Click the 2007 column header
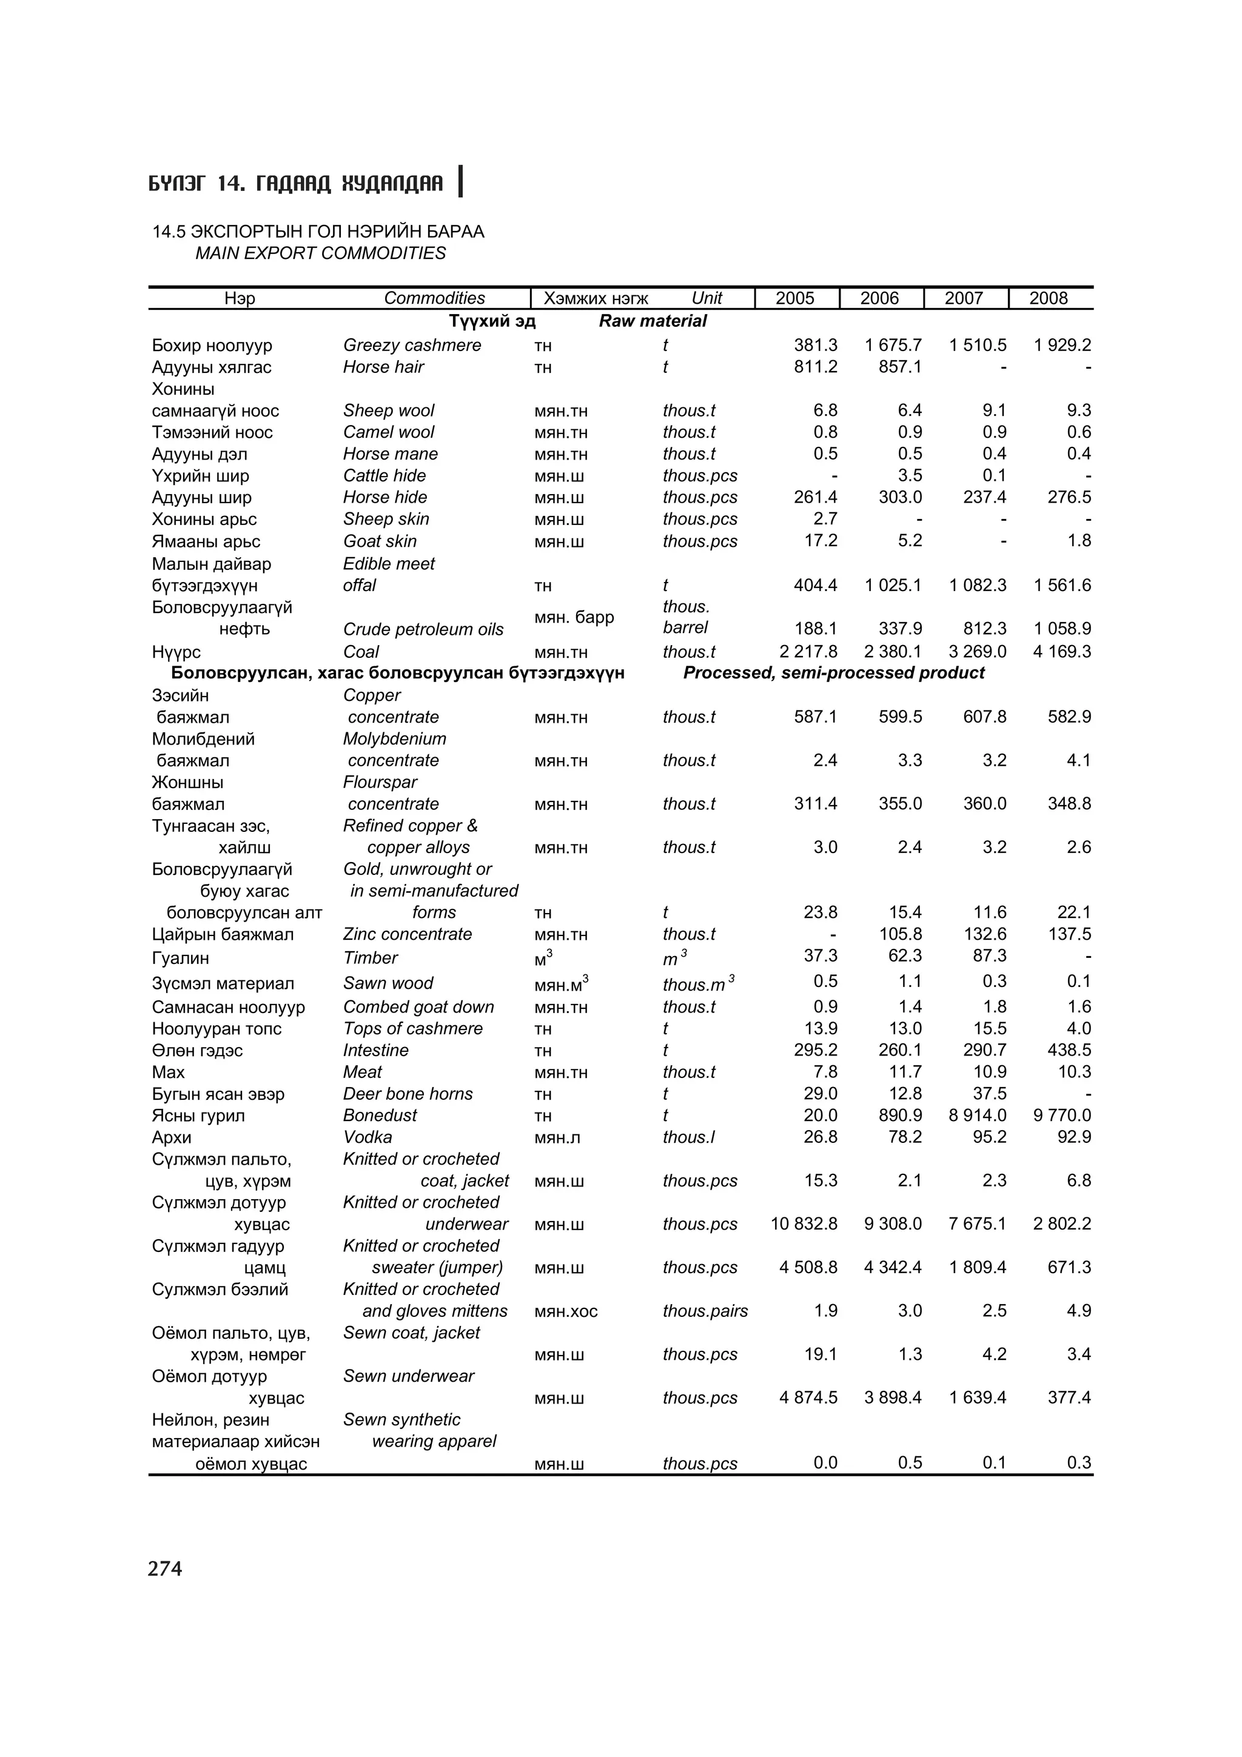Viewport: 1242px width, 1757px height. point(964,298)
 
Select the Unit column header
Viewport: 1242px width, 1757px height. point(707,298)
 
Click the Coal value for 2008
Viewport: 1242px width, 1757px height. point(1061,652)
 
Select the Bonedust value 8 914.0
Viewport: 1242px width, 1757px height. point(977,1116)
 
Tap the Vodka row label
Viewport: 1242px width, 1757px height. point(368,1137)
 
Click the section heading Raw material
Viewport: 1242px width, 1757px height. point(652,321)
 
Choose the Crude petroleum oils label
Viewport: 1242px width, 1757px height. point(423,629)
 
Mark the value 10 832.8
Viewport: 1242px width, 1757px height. point(804,1223)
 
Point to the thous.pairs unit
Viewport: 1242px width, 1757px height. point(705,1311)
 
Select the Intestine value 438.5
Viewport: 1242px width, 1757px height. point(1069,1051)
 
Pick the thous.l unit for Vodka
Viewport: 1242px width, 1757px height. point(689,1137)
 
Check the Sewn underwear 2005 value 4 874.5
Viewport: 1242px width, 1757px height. point(808,1397)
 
